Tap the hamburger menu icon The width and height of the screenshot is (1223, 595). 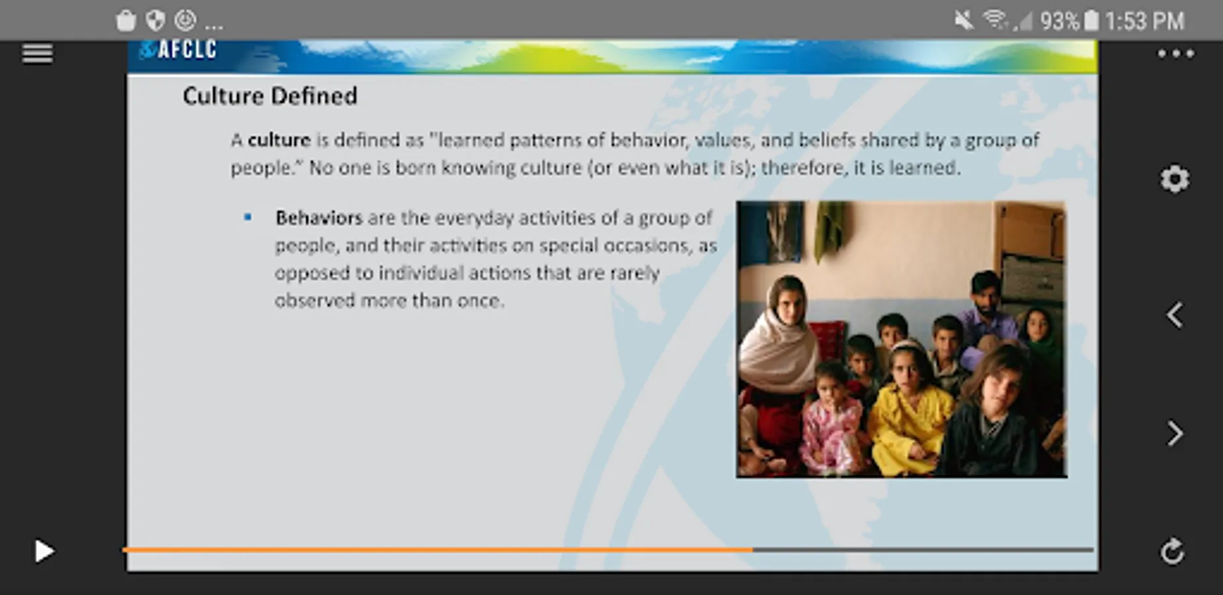click(x=37, y=54)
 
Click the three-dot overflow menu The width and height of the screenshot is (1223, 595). click(x=1175, y=54)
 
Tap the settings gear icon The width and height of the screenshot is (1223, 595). click(x=1175, y=179)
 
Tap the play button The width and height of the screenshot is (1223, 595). click(x=44, y=551)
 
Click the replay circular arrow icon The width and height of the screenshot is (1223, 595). click(x=1173, y=551)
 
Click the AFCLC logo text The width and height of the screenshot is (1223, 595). click(x=187, y=50)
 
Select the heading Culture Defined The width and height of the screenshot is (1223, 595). click(x=270, y=96)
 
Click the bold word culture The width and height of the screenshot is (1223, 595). click(x=279, y=140)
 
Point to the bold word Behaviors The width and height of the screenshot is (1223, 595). click(x=319, y=218)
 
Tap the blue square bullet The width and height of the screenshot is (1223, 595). click(x=248, y=217)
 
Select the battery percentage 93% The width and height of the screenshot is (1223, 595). click(x=1058, y=21)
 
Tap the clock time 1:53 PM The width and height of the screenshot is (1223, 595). click(x=1144, y=21)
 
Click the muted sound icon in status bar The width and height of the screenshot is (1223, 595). click(x=964, y=20)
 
